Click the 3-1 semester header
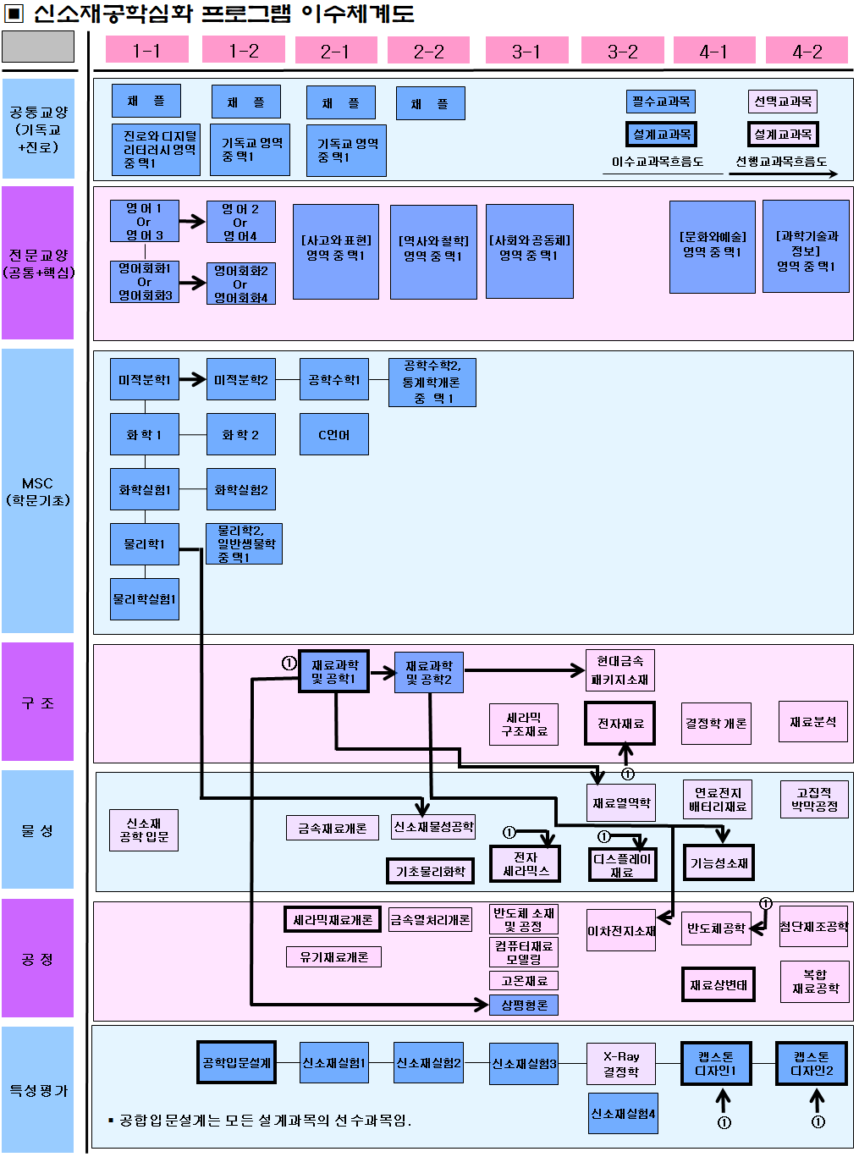[x=526, y=51]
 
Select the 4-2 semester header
[x=807, y=51]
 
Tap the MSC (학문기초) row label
[x=38, y=491]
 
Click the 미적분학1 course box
[x=145, y=380]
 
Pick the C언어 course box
[x=334, y=434]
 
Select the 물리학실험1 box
[x=145, y=599]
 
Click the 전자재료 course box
[x=620, y=723]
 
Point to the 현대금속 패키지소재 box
[x=620, y=669]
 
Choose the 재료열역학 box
[x=621, y=802]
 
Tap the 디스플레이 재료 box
[x=622, y=864]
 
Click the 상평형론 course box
[x=524, y=1005]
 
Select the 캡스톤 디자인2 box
[x=812, y=1063]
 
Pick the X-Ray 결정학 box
[x=621, y=1064]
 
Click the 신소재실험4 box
[x=623, y=1114]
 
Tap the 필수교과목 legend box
[x=661, y=102]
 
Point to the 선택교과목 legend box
[x=783, y=102]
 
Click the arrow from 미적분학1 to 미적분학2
[x=193, y=380]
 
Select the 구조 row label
[x=38, y=702]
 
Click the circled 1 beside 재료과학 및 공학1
[x=289, y=664]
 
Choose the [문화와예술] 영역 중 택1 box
[x=713, y=246]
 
